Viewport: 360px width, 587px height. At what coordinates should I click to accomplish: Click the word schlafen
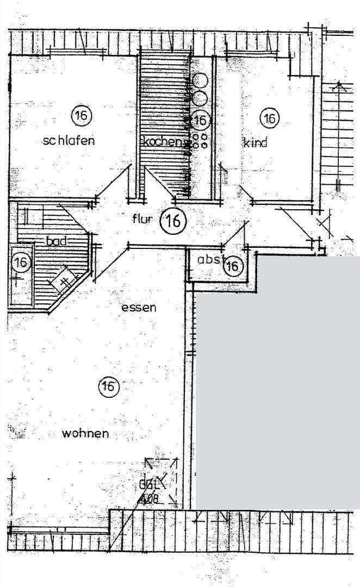tap(69, 140)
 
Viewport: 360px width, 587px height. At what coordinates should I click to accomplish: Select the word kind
tap(255, 143)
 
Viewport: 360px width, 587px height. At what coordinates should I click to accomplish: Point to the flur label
tap(142, 219)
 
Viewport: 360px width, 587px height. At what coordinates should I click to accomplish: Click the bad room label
tap(57, 240)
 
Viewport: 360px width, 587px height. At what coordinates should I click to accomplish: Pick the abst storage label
tap(210, 259)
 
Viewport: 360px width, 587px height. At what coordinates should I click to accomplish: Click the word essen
tap(139, 307)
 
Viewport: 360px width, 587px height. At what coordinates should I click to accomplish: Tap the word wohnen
tap(85, 433)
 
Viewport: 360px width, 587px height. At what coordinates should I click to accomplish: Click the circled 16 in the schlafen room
tap(82, 115)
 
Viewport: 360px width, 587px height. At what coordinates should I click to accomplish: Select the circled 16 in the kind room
tap(269, 117)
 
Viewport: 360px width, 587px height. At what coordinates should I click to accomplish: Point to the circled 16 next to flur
tap(173, 221)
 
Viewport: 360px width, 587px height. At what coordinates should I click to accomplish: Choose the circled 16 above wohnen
tap(108, 386)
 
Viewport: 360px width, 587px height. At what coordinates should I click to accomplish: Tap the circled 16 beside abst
tap(233, 266)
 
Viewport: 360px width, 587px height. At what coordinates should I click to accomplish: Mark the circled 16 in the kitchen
tap(200, 120)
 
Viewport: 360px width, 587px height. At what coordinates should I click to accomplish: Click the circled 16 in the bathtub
tap(21, 263)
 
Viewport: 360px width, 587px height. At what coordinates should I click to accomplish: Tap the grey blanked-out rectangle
tap(277, 380)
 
